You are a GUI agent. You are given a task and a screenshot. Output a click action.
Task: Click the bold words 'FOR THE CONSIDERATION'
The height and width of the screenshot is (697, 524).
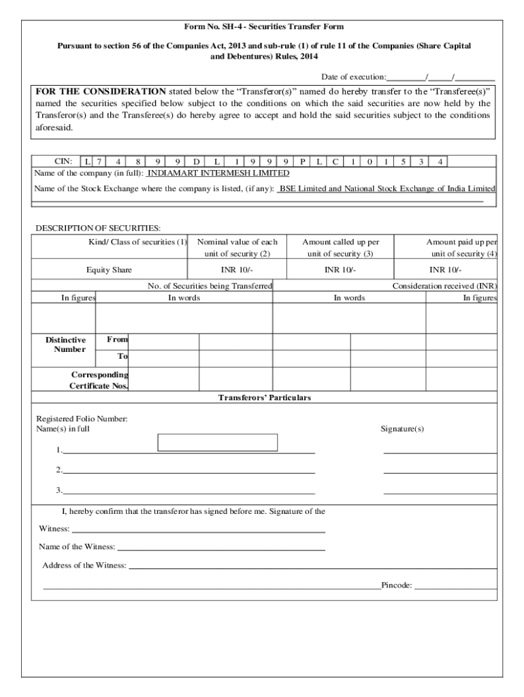101,91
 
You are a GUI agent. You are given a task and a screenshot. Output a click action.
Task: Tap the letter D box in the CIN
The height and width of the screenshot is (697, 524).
196,162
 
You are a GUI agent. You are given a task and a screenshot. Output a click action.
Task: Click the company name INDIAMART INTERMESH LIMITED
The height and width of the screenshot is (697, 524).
218,174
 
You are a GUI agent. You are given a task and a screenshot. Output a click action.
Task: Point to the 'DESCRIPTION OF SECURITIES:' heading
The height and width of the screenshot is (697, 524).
98,228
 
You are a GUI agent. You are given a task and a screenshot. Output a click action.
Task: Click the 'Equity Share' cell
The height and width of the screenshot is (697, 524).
109,270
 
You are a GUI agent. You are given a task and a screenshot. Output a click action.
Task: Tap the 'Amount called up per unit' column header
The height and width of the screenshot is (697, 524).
340,248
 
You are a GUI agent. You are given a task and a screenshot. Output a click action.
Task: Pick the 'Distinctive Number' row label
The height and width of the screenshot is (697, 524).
65,345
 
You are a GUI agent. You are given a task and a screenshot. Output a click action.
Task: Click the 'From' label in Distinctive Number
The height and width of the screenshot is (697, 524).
117,339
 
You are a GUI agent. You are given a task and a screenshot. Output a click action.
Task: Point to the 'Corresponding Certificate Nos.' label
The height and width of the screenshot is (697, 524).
99,380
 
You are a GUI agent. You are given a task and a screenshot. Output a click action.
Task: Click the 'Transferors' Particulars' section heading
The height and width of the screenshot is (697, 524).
264,398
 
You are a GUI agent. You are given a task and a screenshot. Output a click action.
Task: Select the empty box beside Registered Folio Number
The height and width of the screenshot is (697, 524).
217,442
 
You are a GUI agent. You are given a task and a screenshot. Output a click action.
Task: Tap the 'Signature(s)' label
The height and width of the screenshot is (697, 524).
402,429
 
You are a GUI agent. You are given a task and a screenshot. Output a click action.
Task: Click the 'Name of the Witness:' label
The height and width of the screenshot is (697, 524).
76,547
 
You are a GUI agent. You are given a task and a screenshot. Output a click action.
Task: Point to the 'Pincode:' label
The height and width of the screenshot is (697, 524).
396,585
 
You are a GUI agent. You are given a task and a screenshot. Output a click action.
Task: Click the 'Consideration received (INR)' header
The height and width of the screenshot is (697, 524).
444,287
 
